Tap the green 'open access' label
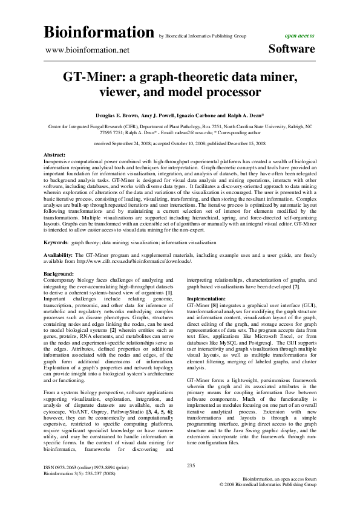299,36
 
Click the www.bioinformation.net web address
88,50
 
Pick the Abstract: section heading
55,155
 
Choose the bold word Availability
59,256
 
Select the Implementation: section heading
208,299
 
